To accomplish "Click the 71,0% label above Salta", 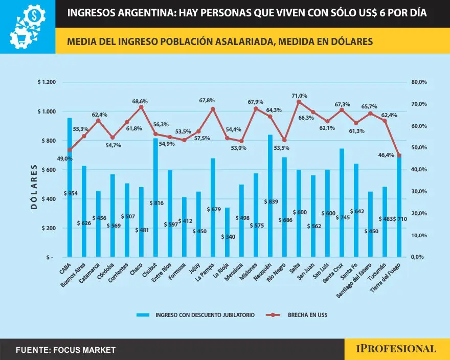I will (300, 96).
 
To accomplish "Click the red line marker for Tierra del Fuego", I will (399, 155).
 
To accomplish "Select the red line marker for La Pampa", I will (213, 109).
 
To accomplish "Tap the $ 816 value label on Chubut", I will (156, 203).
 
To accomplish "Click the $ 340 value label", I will (229, 237).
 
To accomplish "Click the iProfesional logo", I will (396, 349).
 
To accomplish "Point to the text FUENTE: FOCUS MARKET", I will (65, 350).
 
